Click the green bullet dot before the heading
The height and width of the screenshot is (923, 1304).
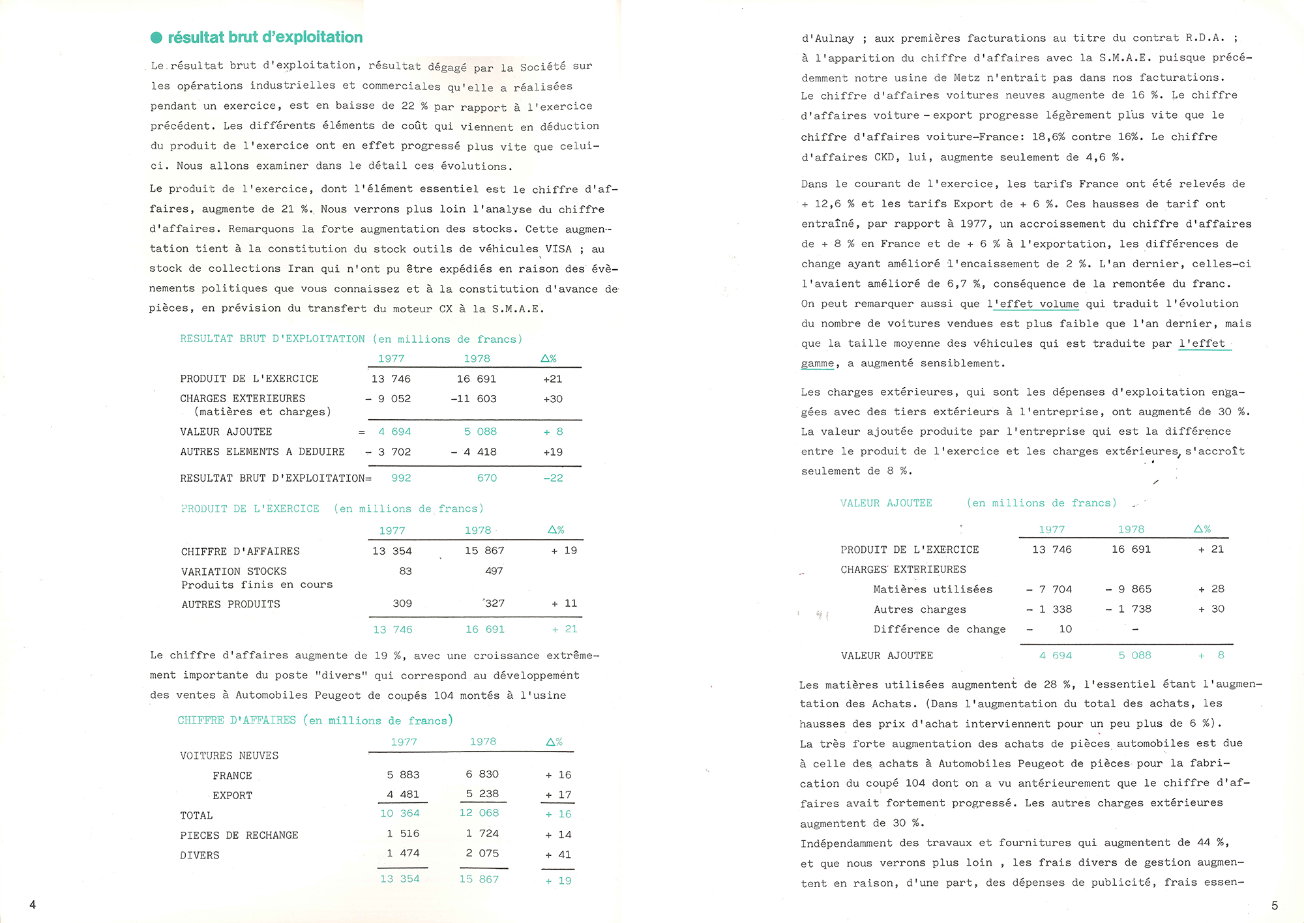coord(156,38)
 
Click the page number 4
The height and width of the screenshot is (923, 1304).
coord(33,904)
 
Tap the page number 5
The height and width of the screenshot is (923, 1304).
coord(1274,905)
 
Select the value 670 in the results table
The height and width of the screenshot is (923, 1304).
coord(486,478)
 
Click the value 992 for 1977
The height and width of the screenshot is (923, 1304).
coord(401,478)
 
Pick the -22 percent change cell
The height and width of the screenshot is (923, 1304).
coord(553,478)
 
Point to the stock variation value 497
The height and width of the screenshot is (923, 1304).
coord(494,571)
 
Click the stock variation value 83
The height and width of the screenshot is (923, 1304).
coord(406,571)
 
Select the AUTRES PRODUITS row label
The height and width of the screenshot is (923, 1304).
coord(231,604)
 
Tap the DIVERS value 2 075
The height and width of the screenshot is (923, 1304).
coord(482,853)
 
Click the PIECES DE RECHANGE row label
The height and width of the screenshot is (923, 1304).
coord(239,835)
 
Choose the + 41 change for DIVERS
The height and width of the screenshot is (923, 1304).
coord(558,855)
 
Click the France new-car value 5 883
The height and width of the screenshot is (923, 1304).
coord(403,775)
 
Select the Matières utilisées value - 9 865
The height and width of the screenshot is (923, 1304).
coord(1129,589)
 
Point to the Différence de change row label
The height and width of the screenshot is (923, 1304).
coord(940,629)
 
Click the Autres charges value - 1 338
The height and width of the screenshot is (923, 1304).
coord(1049,609)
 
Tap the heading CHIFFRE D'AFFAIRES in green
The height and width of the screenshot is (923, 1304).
coord(237,720)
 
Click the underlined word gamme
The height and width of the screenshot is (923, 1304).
coord(818,364)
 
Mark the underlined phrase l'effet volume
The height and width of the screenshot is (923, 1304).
coord(1033,304)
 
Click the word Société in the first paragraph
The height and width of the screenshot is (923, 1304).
coord(543,66)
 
